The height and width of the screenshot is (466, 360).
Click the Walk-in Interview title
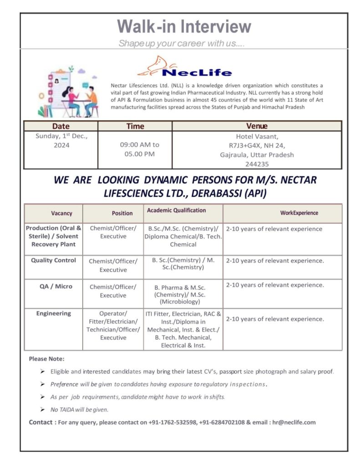coord(184,26)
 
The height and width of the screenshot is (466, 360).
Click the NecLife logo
coord(184,67)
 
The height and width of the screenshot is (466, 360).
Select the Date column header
coord(61,126)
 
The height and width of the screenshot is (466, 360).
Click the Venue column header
coord(257,126)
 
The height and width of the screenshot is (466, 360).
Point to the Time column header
coord(135,126)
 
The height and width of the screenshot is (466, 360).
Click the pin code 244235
coord(257,164)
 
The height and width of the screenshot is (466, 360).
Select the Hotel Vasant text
coord(257,137)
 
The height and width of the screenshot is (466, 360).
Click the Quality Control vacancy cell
coord(54,260)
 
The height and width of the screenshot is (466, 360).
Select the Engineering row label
coord(54,313)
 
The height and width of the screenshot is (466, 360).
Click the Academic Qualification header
coord(176,210)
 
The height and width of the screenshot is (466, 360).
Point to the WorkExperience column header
coord(299,213)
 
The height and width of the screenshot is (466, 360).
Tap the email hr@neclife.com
coord(294,422)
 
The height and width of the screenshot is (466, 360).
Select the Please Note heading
coord(46,359)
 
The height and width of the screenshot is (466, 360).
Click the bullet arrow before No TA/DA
coord(42,410)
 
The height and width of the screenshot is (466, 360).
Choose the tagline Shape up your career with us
coord(182,44)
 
